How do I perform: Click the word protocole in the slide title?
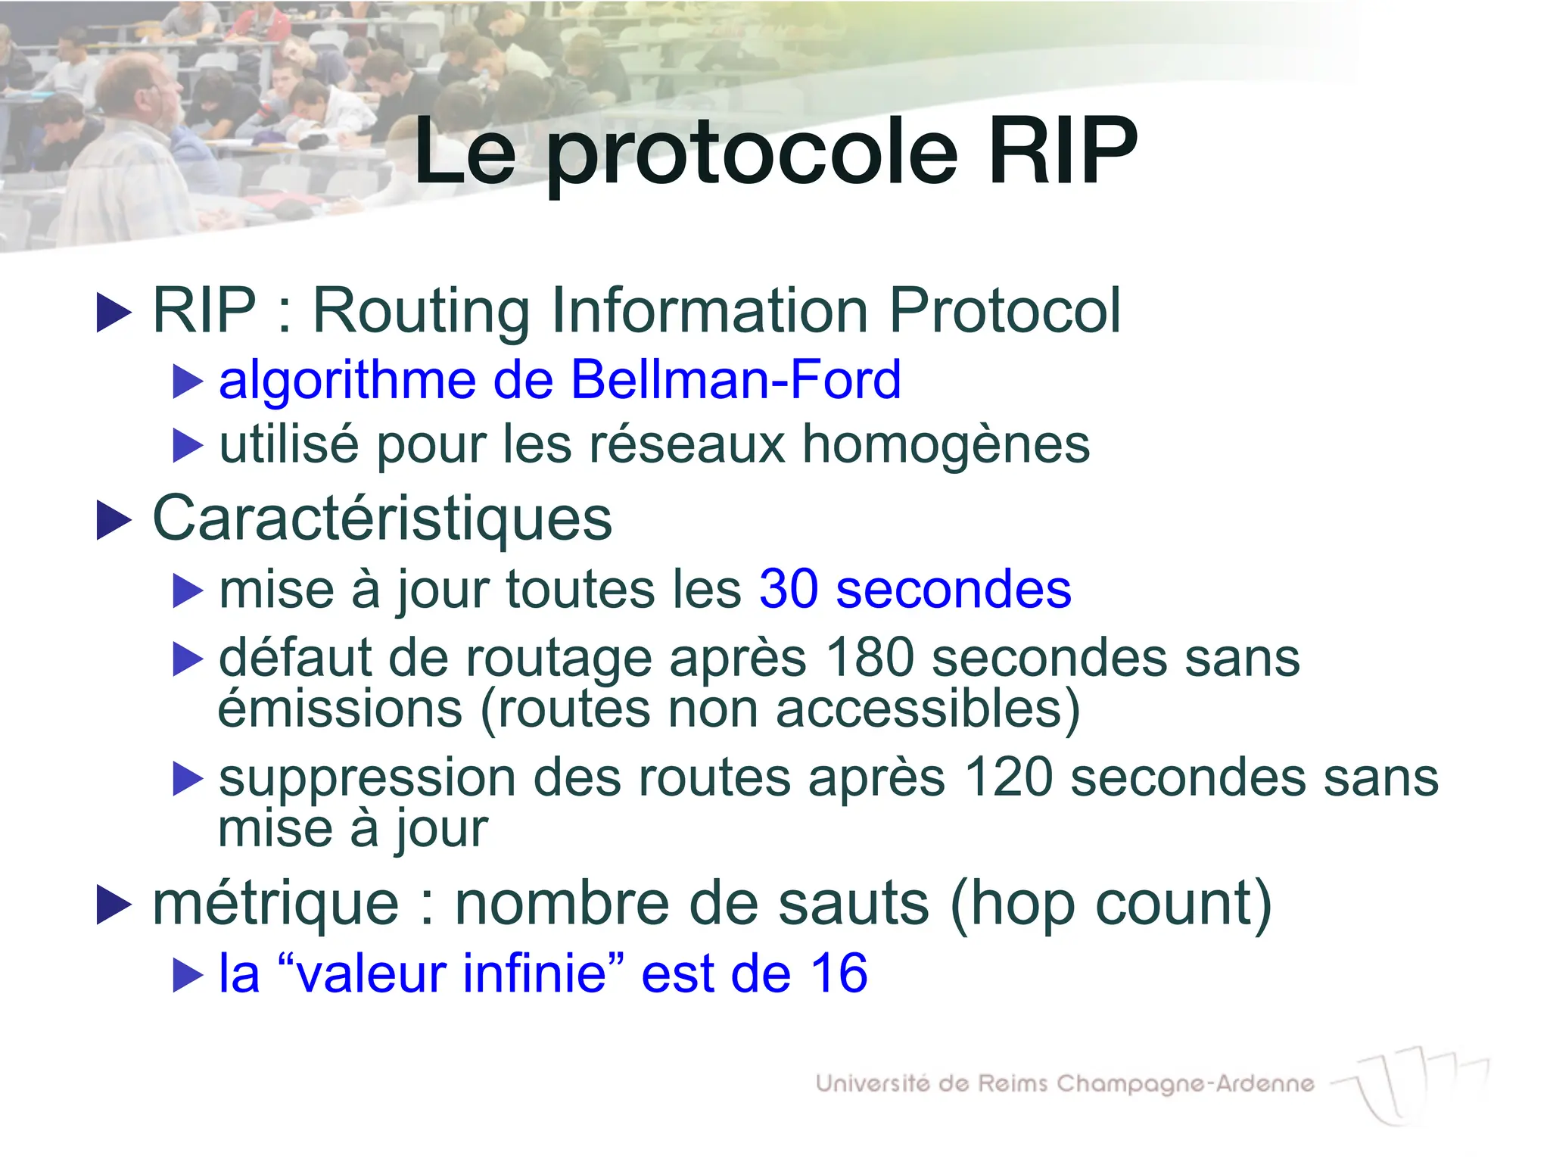753,155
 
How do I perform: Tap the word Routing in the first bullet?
421,311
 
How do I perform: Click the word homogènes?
946,444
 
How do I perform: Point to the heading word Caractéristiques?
382,519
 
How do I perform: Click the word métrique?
275,904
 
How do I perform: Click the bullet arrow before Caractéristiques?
114,521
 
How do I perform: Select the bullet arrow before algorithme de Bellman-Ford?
188,382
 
